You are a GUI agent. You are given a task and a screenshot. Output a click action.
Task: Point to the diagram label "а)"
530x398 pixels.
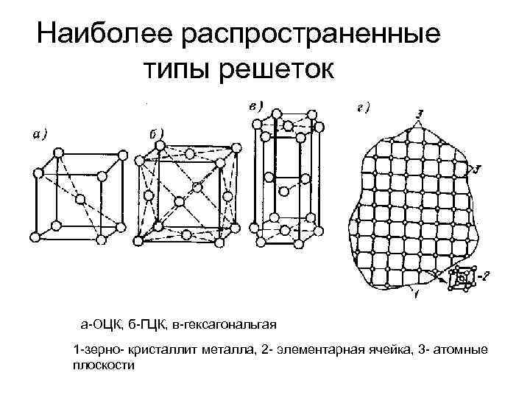[40, 133]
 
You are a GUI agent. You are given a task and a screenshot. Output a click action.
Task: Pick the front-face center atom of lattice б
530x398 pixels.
[180, 201]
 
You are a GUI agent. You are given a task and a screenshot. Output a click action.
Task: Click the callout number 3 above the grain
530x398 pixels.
[418, 113]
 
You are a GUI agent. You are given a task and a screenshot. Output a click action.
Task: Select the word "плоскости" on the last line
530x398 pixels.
[104, 363]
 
